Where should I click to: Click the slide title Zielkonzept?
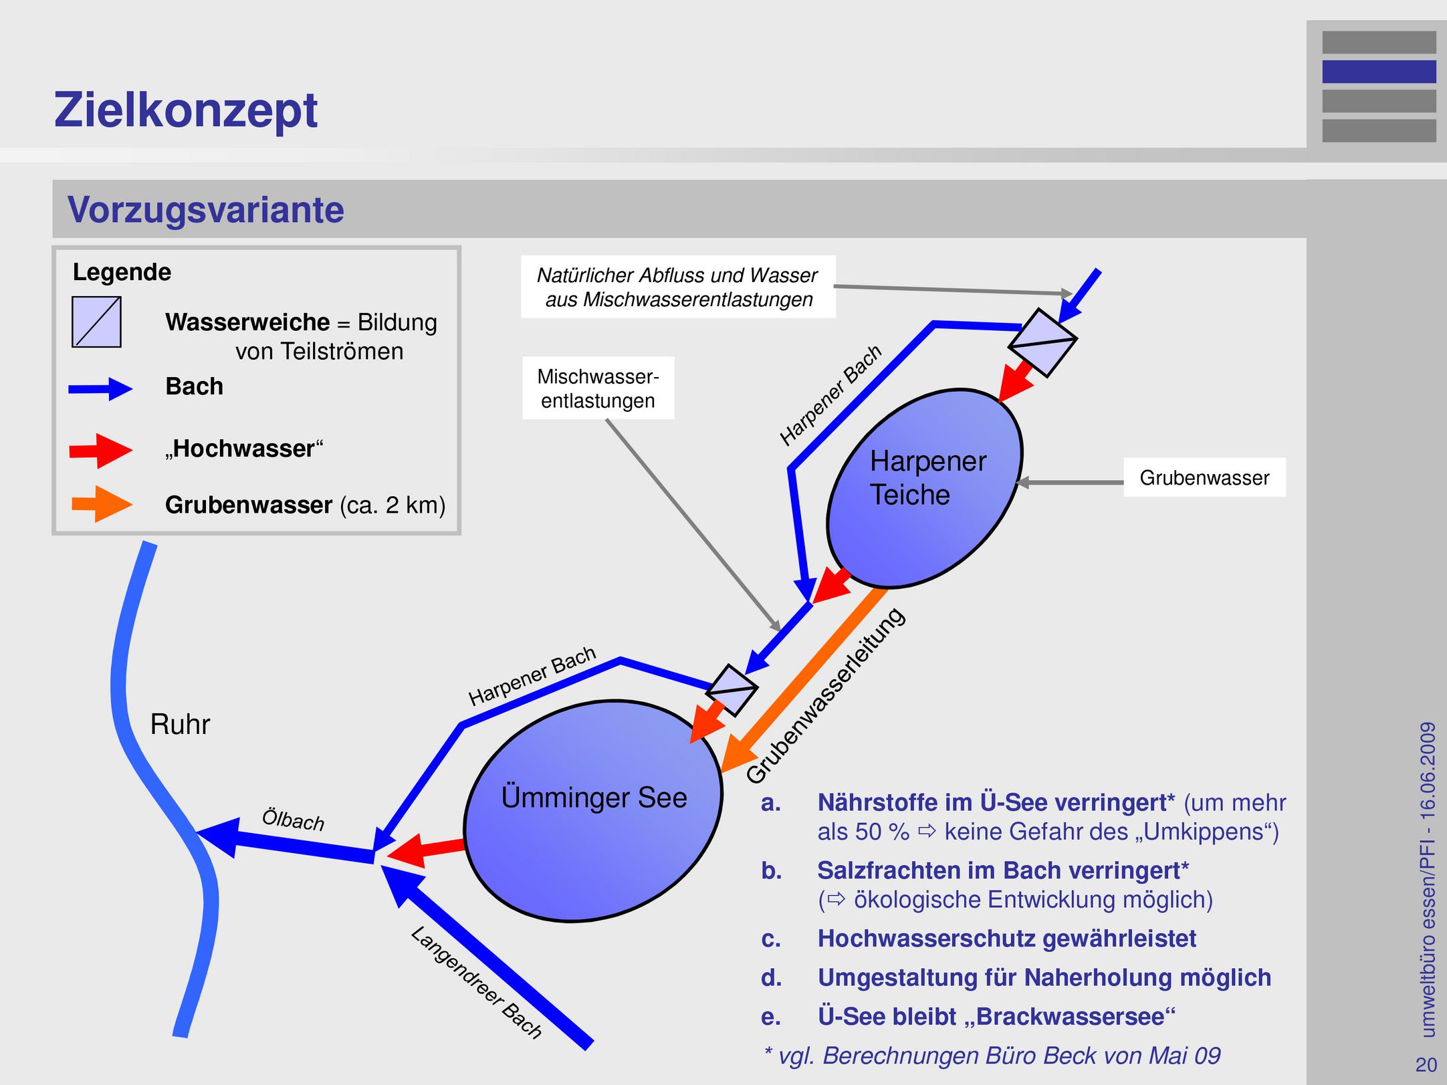(x=186, y=111)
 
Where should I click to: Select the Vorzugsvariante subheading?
(x=206, y=210)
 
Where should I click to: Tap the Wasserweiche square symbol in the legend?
(x=97, y=322)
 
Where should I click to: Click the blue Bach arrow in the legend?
(x=100, y=388)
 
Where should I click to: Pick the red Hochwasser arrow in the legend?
(x=101, y=451)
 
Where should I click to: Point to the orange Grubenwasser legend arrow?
(x=102, y=505)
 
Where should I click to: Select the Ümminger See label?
(x=594, y=798)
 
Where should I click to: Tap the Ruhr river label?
(x=180, y=725)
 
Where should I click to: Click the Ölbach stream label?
(x=293, y=820)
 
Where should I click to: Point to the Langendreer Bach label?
(x=476, y=982)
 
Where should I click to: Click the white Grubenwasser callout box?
(x=1204, y=477)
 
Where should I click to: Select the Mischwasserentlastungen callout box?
(x=598, y=388)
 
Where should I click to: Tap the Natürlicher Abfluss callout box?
(x=678, y=287)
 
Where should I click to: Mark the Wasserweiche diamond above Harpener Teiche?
(x=1042, y=342)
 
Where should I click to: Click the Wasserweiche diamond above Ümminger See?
(x=732, y=691)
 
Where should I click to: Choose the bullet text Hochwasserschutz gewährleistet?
(x=1006, y=939)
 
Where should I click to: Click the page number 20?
(x=1426, y=1064)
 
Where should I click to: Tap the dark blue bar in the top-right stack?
(x=1379, y=72)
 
